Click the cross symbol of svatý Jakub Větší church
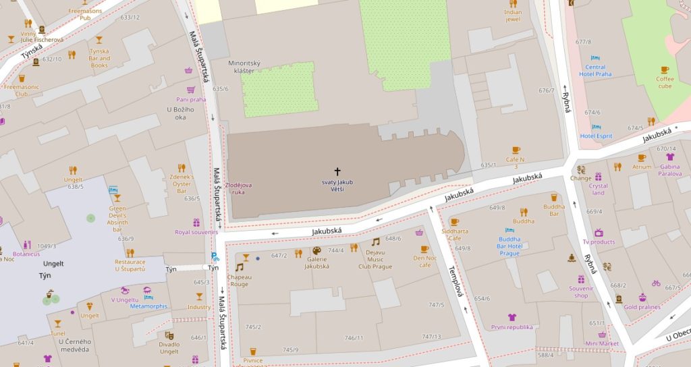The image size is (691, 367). pyautogui.click(x=337, y=172)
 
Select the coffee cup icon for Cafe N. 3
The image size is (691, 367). pyautogui.click(x=516, y=150)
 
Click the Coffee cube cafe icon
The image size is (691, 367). pyautogui.click(x=665, y=69)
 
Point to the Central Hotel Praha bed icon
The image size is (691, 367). pyautogui.click(x=595, y=59)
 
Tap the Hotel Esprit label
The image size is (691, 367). pyautogui.click(x=596, y=136)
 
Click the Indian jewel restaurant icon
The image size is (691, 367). pyautogui.click(x=513, y=3)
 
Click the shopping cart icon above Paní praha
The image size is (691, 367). pyautogui.click(x=188, y=70)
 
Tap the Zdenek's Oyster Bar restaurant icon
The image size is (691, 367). pyautogui.click(x=181, y=167)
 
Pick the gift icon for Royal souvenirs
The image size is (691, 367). pyautogui.click(x=196, y=222)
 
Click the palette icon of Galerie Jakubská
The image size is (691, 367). pyautogui.click(x=316, y=251)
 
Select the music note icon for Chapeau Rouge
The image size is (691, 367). pyautogui.click(x=239, y=267)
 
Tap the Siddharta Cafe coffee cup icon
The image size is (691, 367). pyautogui.click(x=454, y=221)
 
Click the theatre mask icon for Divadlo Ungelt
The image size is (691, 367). pyautogui.click(x=169, y=335)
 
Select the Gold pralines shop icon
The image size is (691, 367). pyautogui.click(x=642, y=297)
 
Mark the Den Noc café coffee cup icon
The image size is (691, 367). pyautogui.click(x=424, y=249)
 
